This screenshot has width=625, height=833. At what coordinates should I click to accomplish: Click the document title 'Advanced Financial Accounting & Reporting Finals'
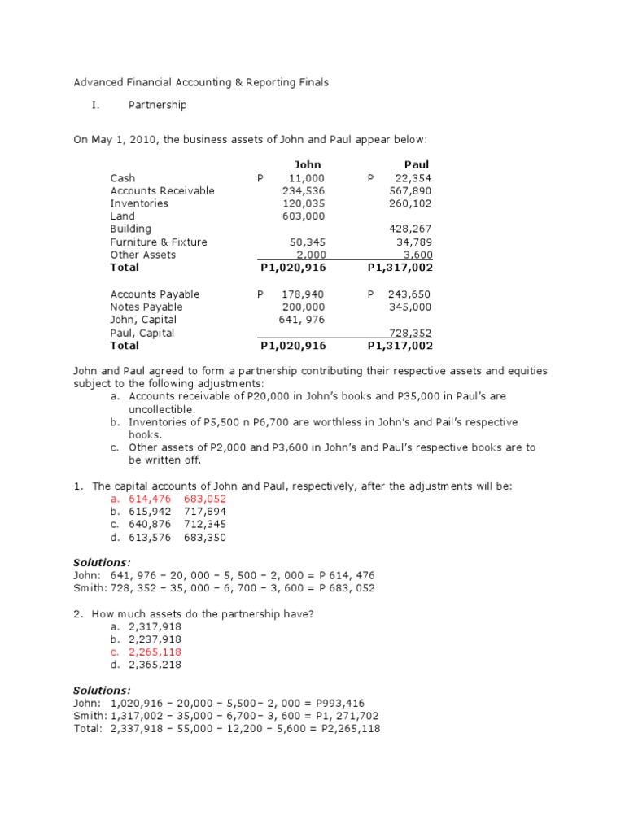click(201, 82)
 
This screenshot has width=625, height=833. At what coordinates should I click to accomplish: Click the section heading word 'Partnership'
click(157, 105)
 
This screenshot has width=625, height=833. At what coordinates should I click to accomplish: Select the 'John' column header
click(307, 164)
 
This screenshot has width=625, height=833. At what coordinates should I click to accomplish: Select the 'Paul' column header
click(416, 164)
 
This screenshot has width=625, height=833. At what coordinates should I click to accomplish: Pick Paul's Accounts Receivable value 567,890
click(413, 190)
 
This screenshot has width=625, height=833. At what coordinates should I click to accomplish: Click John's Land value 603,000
click(304, 216)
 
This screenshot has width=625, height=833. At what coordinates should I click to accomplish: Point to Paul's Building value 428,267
click(413, 229)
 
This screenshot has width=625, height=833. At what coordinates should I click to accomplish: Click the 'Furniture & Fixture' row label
click(159, 242)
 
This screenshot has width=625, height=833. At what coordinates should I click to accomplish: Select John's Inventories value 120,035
click(304, 203)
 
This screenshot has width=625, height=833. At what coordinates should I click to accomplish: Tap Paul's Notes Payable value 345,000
click(413, 307)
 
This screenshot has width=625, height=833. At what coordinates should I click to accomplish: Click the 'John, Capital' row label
click(142, 320)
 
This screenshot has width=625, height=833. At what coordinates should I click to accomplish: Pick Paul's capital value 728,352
click(413, 333)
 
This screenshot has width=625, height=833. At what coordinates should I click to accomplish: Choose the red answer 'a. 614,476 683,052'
click(170, 499)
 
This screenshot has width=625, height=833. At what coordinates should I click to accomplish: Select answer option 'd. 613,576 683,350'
click(170, 538)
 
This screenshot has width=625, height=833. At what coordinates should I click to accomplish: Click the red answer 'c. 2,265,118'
click(147, 652)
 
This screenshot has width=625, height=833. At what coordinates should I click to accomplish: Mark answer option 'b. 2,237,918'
click(147, 639)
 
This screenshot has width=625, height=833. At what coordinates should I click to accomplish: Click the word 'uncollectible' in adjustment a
click(161, 409)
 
